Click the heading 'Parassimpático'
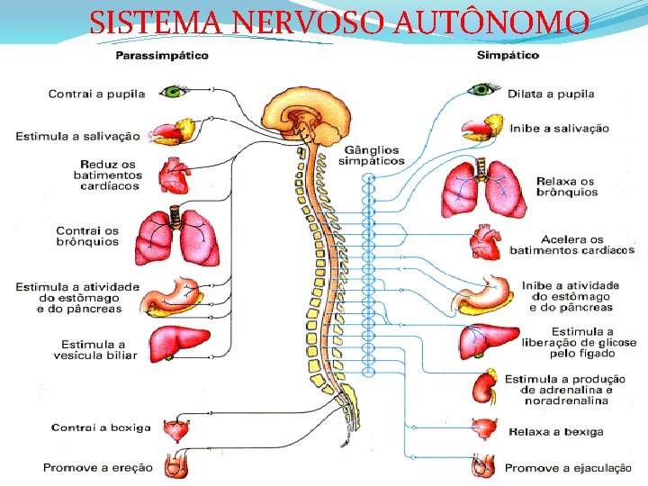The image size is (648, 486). coord(162,56)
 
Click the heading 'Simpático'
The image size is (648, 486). coord(508,56)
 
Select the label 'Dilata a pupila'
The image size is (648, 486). coord(551,94)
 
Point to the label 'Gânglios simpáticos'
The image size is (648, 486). coord(371,156)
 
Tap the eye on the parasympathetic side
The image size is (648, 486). coord(172,91)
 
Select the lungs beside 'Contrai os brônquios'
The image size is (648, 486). coord(177,238)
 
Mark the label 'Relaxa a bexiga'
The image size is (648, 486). coord(553,432)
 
